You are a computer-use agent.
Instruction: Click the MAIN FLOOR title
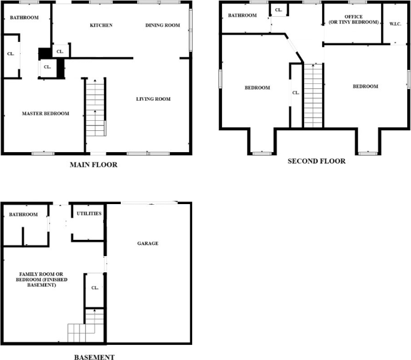(x=94, y=165)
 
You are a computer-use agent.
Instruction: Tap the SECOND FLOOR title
(x=316, y=161)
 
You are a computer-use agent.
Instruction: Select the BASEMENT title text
(x=94, y=357)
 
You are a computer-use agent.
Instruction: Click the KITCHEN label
(x=101, y=26)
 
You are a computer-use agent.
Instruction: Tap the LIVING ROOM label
(x=153, y=99)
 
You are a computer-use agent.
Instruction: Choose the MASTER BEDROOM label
(x=45, y=113)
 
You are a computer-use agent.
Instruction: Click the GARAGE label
(x=148, y=243)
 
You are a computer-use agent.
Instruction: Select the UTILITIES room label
(x=88, y=214)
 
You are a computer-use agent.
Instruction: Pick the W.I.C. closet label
(x=395, y=24)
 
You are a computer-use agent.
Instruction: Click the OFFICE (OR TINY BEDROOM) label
(x=353, y=19)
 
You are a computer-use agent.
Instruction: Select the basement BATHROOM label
(x=23, y=215)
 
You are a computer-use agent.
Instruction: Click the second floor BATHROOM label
(x=241, y=15)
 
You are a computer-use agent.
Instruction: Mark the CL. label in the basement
(x=94, y=288)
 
